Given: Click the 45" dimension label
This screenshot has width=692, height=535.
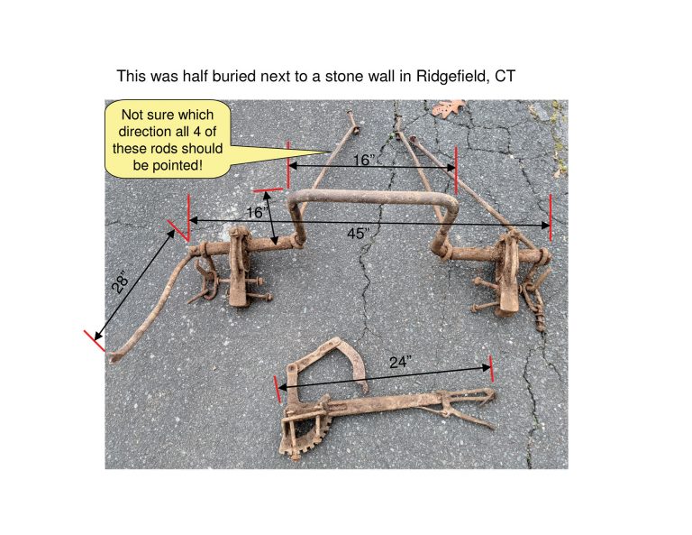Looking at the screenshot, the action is [x=357, y=234].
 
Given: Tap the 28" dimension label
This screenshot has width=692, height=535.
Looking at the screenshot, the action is [x=120, y=281].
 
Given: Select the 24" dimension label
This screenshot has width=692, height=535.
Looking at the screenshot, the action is [x=401, y=363].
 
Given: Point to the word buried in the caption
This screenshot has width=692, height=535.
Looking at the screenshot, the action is [x=234, y=76].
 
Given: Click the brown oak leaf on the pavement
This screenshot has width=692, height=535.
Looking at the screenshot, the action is [x=447, y=107].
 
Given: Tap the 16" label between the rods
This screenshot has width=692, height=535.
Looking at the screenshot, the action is [x=363, y=160].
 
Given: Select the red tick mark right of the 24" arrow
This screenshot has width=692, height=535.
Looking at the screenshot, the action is [x=491, y=368].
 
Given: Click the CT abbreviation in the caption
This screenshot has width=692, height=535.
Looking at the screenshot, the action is [x=505, y=76].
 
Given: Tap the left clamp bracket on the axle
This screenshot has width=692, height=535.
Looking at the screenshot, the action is [x=238, y=266].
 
